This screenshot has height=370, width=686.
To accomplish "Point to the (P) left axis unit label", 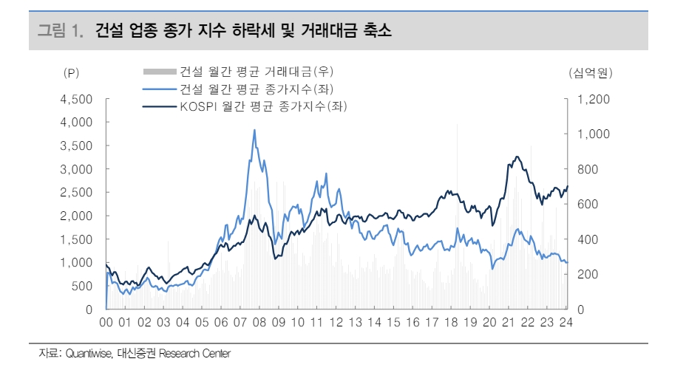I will (71, 72).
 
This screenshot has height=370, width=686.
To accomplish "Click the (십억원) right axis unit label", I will (591, 72).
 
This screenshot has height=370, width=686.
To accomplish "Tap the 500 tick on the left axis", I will (83, 286).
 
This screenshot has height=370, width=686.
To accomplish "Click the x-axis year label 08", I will (259, 323).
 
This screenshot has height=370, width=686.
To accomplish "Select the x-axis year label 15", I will (394, 323).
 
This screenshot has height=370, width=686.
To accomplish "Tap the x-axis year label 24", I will (566, 323).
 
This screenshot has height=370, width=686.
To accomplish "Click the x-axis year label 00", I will (106, 323).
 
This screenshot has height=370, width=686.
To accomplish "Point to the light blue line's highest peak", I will (254, 131).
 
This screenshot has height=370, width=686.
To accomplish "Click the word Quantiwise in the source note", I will (88, 354).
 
